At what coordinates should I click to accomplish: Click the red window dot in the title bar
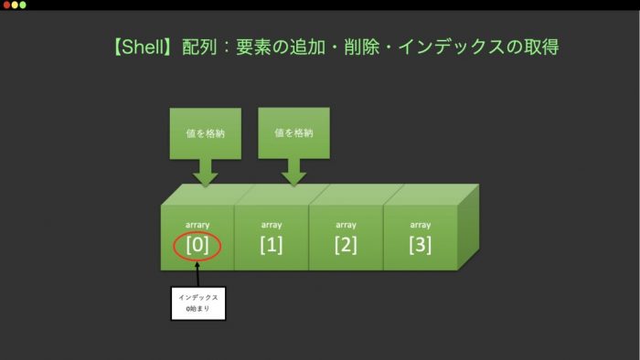click(6, 5)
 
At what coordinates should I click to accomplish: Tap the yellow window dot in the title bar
click(15, 5)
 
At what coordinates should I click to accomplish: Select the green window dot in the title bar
click(23, 5)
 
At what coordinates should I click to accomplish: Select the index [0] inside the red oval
click(197, 245)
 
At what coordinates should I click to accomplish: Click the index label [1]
click(272, 245)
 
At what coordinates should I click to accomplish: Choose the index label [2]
click(346, 245)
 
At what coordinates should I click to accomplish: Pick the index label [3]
click(421, 245)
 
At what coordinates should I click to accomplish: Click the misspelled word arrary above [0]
click(197, 225)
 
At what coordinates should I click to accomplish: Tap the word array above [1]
click(272, 225)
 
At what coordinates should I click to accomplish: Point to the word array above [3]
click(421, 225)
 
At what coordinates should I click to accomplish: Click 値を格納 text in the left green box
click(206, 133)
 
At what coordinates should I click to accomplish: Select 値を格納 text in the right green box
click(293, 132)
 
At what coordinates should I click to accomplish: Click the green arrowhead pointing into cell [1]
click(293, 179)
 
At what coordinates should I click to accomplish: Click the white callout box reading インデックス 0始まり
click(198, 303)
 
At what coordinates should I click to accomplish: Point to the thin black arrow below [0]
click(198, 274)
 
